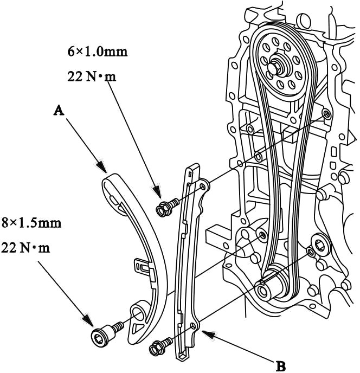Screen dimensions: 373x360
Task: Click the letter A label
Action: (x=59, y=110)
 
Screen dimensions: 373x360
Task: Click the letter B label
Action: (x=281, y=366)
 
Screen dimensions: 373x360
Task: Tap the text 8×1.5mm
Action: (x=31, y=223)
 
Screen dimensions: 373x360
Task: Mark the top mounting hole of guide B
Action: (x=203, y=185)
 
